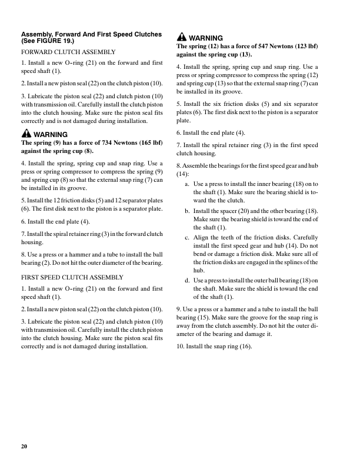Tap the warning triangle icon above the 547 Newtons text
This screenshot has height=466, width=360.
181,38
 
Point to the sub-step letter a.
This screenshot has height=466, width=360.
186,184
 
